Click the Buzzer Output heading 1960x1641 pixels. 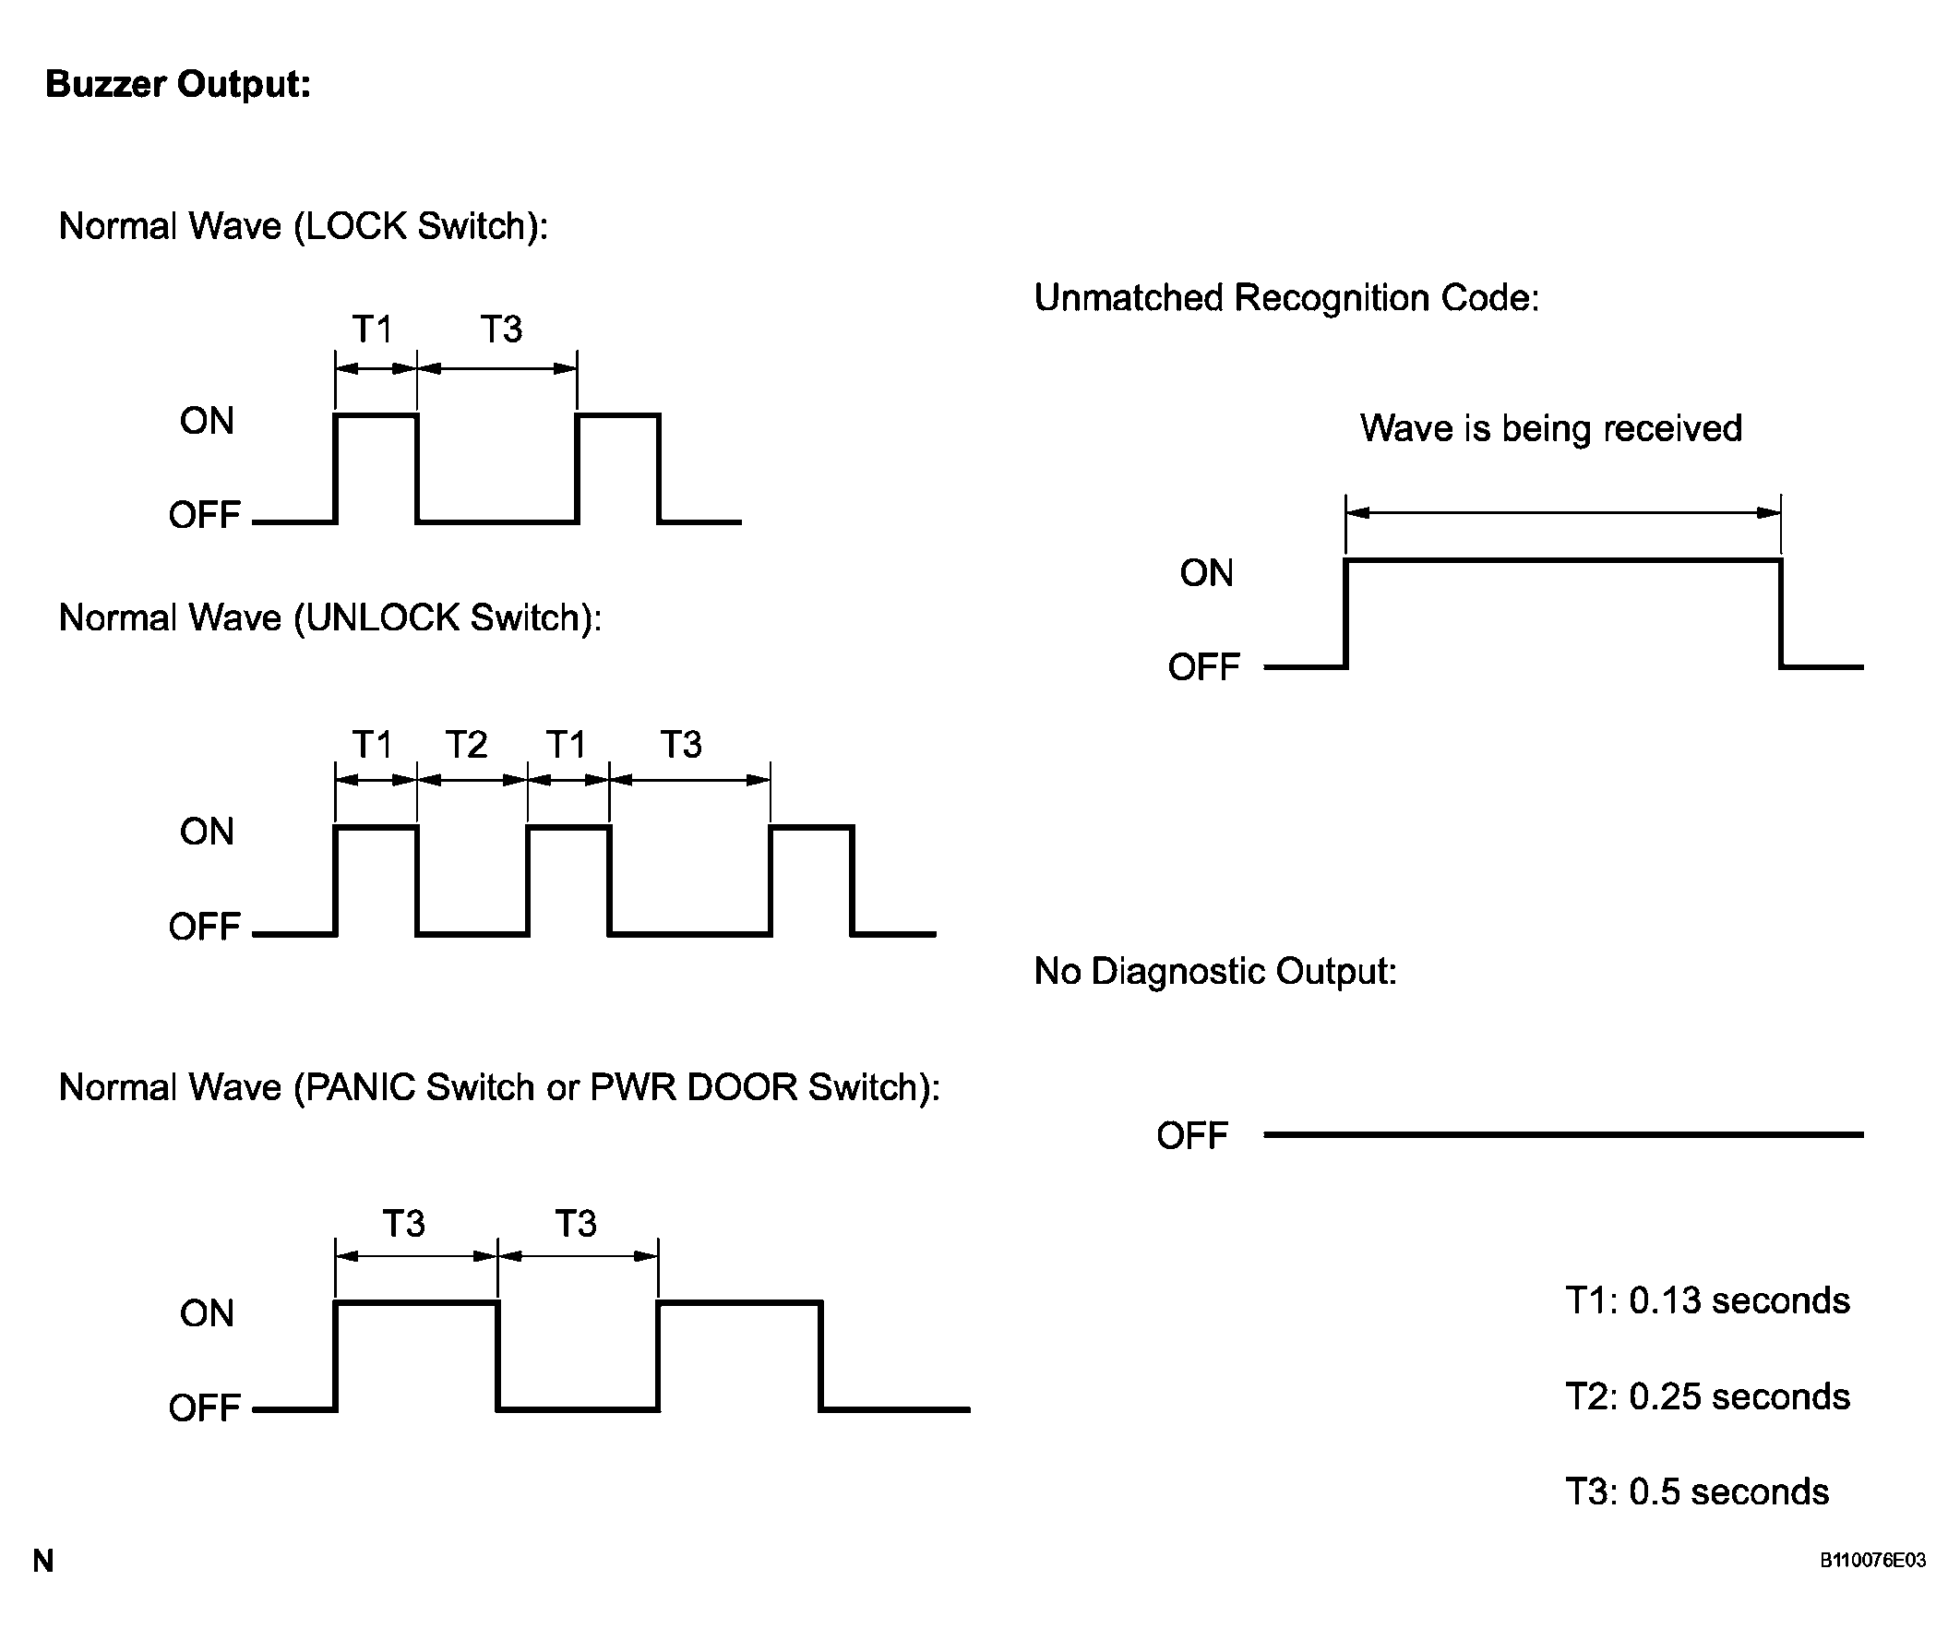click(x=177, y=84)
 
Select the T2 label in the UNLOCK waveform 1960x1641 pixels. click(x=466, y=745)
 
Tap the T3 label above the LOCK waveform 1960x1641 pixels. click(x=501, y=329)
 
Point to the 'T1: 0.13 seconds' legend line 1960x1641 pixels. click(x=1707, y=1300)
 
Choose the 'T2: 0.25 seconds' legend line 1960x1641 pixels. click(x=1707, y=1396)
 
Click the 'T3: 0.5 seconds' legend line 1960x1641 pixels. click(x=1697, y=1491)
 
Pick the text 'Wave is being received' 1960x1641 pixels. click(x=1550, y=428)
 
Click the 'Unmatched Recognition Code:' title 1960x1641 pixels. click(x=1286, y=298)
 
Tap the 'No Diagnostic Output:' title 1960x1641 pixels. click(x=1215, y=972)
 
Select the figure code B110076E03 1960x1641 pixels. click(x=1872, y=1560)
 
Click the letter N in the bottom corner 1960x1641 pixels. click(x=43, y=1561)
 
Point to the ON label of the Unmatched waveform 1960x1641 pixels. click(x=1206, y=573)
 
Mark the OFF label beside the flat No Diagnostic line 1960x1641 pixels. click(x=1192, y=1136)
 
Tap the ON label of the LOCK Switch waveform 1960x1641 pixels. click(x=207, y=421)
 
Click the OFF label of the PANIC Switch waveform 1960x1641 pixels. click(x=205, y=1407)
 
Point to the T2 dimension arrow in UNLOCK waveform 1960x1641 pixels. click(x=472, y=779)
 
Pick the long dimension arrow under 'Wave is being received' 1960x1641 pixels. click(x=1563, y=512)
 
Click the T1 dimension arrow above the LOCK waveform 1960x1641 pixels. click(x=376, y=367)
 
